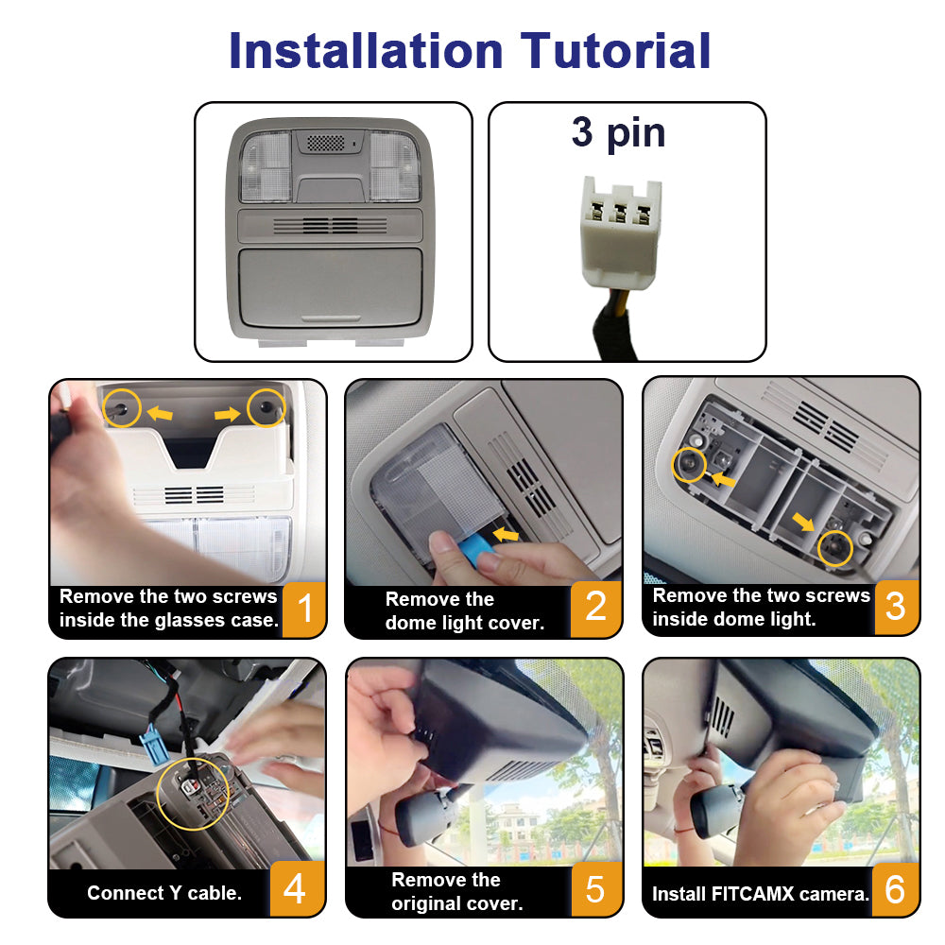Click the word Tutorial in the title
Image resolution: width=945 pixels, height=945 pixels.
click(x=615, y=51)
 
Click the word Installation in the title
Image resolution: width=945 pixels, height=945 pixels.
click(x=366, y=51)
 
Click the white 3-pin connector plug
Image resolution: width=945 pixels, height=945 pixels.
click(x=620, y=232)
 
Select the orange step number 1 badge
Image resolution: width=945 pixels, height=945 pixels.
click(x=304, y=609)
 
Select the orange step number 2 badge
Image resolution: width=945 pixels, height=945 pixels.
click(x=595, y=608)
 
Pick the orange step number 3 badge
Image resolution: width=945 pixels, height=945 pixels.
click(x=896, y=607)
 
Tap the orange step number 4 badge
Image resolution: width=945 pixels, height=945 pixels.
click(x=295, y=888)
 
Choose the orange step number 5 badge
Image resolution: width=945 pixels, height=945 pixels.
click(x=595, y=889)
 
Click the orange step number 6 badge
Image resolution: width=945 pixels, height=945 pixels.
click(x=895, y=889)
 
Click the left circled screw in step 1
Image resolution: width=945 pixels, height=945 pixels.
click(x=122, y=408)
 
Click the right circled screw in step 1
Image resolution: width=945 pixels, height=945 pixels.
click(x=266, y=408)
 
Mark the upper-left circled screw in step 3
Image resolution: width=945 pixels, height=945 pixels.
click(x=690, y=464)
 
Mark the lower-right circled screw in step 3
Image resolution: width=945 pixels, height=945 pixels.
click(x=835, y=548)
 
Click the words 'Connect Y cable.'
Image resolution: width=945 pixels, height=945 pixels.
click(x=163, y=893)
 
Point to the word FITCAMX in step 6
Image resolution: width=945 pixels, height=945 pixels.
click(x=753, y=893)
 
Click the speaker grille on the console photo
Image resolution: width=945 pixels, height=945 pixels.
click(x=325, y=143)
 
